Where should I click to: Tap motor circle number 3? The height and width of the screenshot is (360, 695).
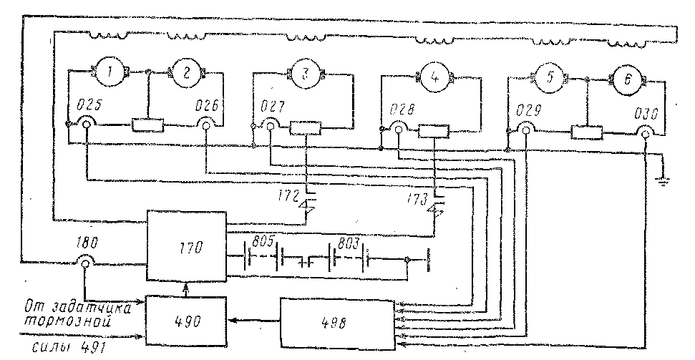(x=306, y=73)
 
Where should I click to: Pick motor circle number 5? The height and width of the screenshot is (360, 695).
(x=550, y=78)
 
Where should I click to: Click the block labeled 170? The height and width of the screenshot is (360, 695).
(x=186, y=245)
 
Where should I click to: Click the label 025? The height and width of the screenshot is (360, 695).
(x=89, y=105)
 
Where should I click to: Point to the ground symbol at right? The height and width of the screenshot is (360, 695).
(x=664, y=183)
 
